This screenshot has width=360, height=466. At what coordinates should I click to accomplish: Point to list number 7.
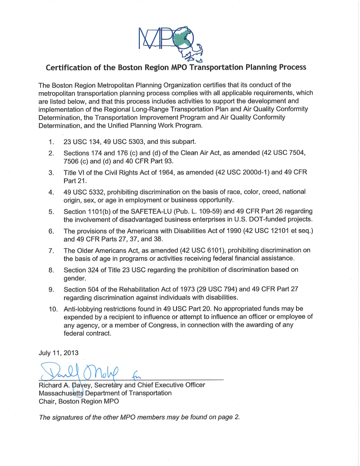tap(51, 250)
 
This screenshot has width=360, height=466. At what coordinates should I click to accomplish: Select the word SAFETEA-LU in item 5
tap(128, 211)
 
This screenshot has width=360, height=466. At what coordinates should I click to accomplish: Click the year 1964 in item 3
tap(169, 173)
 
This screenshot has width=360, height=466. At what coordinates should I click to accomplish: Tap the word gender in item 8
tap(75, 278)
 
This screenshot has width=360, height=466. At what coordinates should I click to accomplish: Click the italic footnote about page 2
tap(139, 417)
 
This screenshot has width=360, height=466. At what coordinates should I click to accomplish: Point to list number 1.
tap(51, 142)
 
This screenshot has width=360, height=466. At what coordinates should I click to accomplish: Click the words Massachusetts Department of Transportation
tap(105, 393)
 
